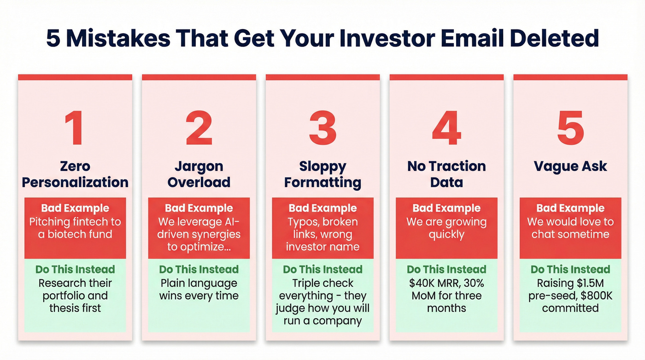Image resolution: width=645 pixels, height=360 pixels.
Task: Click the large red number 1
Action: [x=74, y=129]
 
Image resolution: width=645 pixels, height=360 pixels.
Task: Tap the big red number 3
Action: [x=322, y=129]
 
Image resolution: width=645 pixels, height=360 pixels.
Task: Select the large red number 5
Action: [x=570, y=129]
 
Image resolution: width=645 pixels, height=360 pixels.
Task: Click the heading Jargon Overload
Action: [x=199, y=174]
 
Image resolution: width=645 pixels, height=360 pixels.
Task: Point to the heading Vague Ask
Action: [x=570, y=166]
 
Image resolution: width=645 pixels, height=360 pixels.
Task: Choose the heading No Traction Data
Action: [x=446, y=174]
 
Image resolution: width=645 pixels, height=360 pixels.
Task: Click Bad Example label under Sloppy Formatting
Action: [x=322, y=208]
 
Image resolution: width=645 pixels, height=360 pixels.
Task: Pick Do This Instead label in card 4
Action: [x=446, y=270]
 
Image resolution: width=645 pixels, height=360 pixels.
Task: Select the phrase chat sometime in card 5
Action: [x=570, y=234]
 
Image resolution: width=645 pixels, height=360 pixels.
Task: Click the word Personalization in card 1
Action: [x=75, y=183]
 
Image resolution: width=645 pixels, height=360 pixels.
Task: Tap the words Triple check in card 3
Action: [x=322, y=283]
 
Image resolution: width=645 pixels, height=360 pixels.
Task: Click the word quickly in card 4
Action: [x=446, y=234]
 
